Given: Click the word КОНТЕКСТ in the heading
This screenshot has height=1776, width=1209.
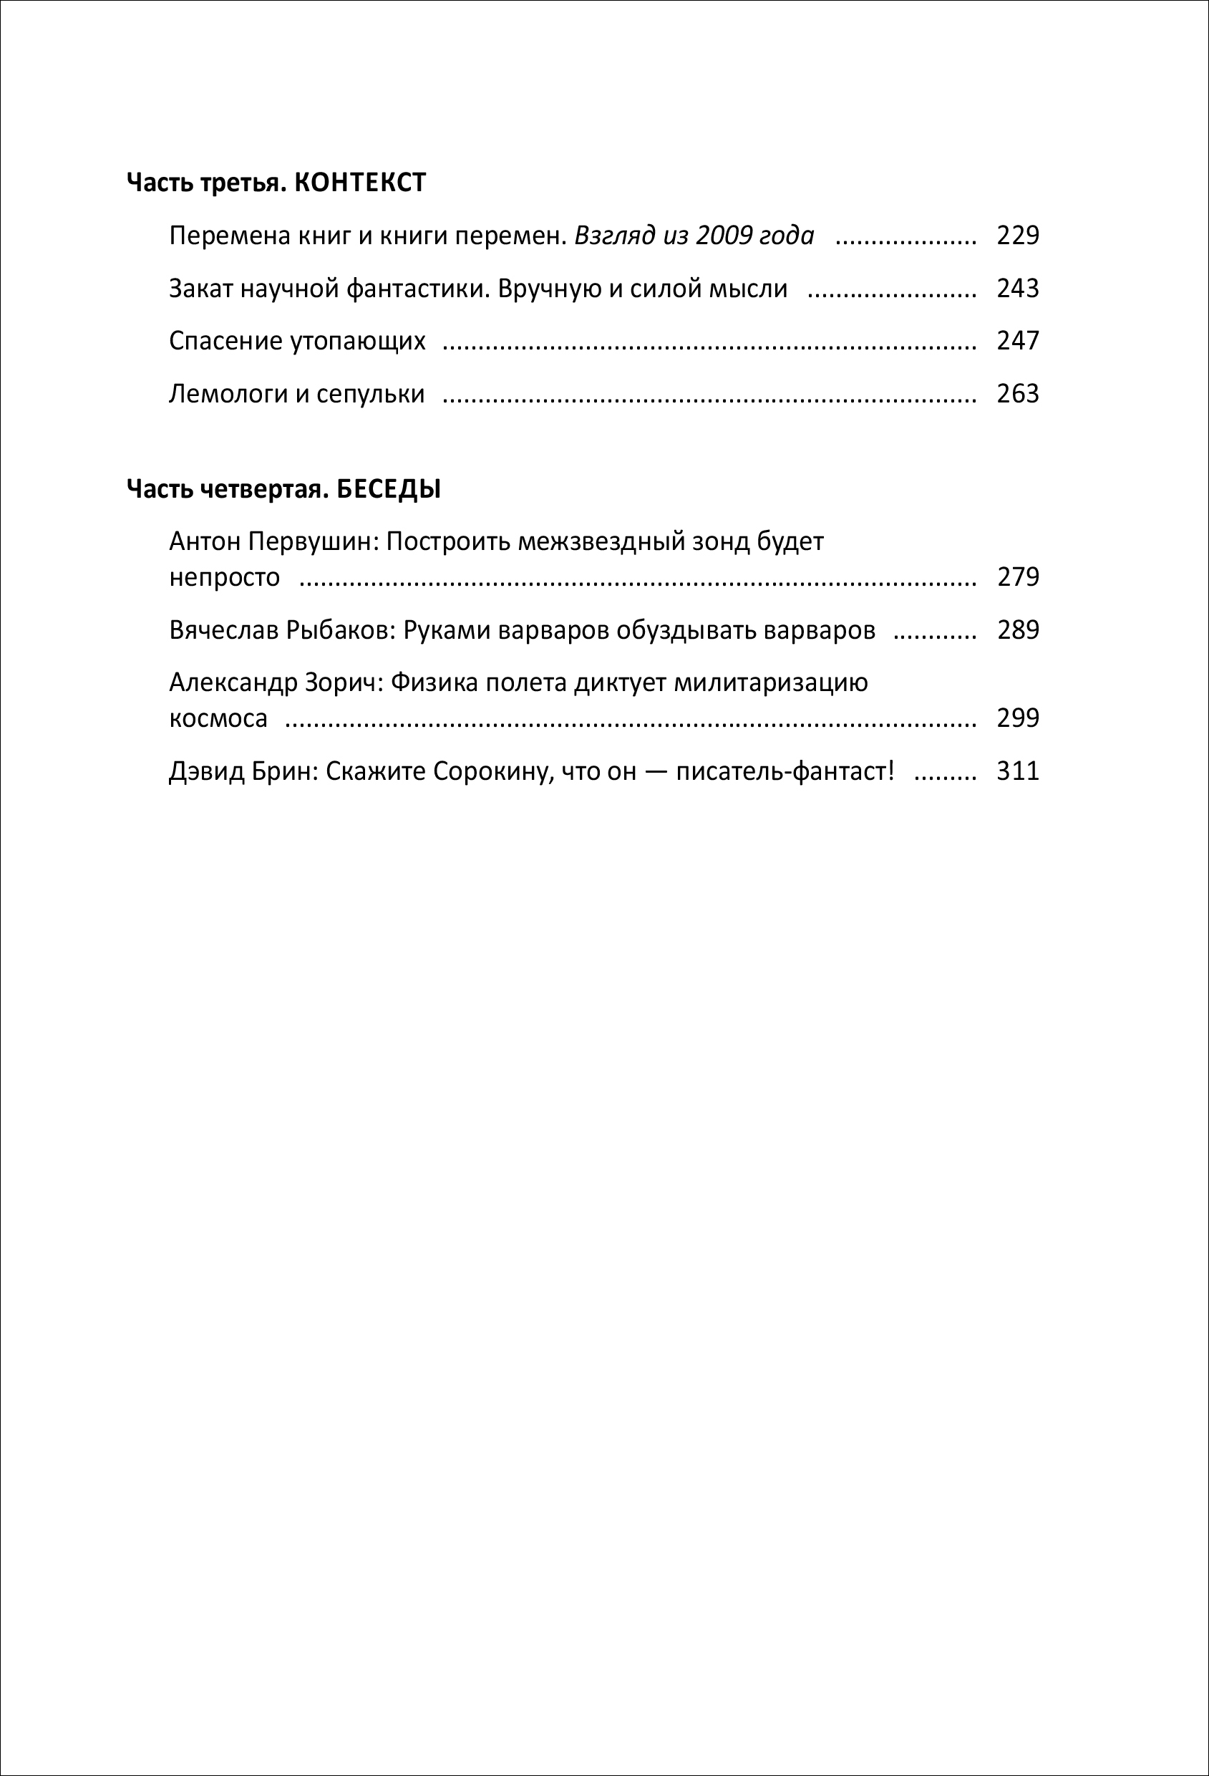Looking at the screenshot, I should pos(360,183).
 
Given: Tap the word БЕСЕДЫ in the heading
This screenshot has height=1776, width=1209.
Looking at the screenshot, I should pos(389,489).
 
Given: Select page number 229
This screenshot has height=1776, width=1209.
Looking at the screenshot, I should pos(1017,236).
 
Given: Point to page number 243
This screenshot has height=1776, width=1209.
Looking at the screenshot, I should pos(1017,288).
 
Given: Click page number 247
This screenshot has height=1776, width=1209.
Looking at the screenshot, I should pos(1017,341).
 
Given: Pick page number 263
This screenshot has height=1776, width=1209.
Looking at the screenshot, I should pos(1017,394).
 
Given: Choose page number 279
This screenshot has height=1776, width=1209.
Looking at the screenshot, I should pos(1017,577).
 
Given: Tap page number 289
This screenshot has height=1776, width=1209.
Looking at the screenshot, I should pos(1017,629).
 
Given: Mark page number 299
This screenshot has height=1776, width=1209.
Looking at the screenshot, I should pos(1017,718).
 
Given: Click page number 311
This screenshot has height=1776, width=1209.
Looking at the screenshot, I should pos(1017,771).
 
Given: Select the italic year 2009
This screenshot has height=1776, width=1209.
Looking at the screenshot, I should pos(723,236).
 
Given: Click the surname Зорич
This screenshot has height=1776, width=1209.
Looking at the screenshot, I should pos(342,682).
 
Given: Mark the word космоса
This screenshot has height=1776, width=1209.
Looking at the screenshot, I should pos(218,719).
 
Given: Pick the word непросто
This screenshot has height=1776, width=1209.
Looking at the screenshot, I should pos(225,578).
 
